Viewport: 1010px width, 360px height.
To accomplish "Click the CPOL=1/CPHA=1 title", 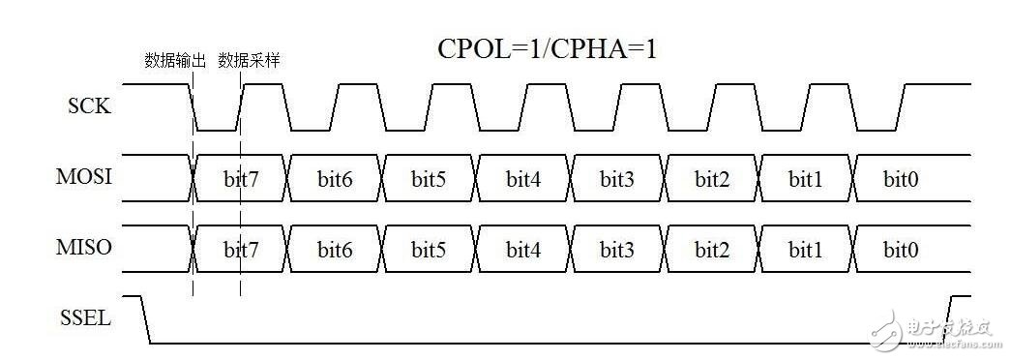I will point(549,48).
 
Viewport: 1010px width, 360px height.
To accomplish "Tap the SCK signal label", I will point(88,106).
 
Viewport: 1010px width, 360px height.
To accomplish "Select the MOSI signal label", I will point(84,178).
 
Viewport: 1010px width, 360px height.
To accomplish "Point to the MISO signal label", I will point(84,249).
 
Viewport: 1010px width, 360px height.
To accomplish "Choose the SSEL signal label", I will point(85,316).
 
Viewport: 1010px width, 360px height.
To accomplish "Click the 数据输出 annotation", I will point(175,60).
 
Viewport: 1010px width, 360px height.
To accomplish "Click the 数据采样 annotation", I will point(249,60).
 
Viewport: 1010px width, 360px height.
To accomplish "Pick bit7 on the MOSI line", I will point(241,179).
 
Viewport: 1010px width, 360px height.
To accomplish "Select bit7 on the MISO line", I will point(241,251).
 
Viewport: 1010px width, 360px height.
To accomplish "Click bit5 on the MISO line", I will point(429,251).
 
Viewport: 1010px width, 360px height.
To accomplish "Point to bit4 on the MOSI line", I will point(522,179).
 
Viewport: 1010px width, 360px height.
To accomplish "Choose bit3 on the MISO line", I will point(616,251).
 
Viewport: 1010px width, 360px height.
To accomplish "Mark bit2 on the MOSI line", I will point(710,179).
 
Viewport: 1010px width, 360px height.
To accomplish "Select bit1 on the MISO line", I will point(804,251).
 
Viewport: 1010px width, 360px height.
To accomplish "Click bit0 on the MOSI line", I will point(901,179).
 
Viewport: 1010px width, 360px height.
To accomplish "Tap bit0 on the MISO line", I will point(901,251).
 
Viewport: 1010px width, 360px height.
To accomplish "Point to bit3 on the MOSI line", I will point(616,179).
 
